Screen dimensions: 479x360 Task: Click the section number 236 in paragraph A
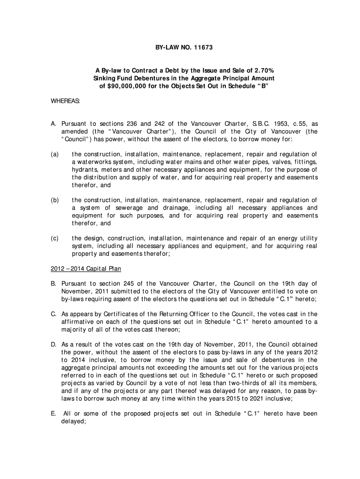coord(135,124)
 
